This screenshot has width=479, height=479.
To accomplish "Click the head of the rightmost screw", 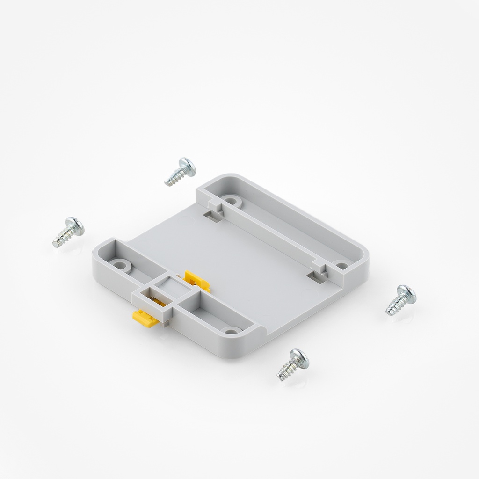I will point(407,292).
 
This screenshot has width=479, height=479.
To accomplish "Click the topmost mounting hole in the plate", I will point(230,201).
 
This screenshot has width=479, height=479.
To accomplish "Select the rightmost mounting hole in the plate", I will point(342,266).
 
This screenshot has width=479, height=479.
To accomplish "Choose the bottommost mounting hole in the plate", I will point(230,331).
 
